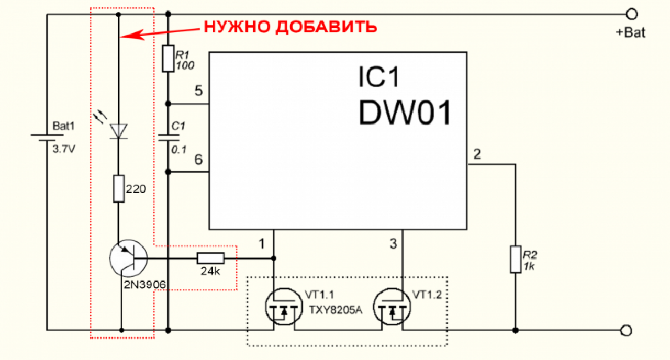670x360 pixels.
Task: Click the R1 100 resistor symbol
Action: click(168, 59)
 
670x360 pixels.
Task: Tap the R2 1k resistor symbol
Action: click(516, 259)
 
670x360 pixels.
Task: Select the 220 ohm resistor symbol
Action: click(118, 189)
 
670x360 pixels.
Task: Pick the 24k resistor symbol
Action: click(210, 258)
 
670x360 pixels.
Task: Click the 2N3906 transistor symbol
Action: click(128, 258)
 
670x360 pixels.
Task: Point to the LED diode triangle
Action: click(118, 131)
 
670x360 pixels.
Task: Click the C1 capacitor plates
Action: click(169, 138)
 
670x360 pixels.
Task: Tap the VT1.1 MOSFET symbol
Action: click(284, 307)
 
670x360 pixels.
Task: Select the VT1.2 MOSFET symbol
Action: click(392, 307)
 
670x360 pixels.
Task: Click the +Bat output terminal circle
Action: click(631, 14)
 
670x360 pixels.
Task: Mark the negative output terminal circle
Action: click(626, 330)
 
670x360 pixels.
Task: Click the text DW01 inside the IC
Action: click(405, 113)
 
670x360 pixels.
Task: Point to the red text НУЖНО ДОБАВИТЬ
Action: click(291, 27)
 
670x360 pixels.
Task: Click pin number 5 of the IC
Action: click(198, 91)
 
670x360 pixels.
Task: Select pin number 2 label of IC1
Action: click(477, 154)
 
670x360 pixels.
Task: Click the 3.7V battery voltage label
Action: click(64, 149)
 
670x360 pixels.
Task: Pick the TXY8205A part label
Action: click(336, 310)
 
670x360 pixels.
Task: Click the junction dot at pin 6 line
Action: click(168, 172)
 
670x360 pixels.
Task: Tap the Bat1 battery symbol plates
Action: click(47, 138)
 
